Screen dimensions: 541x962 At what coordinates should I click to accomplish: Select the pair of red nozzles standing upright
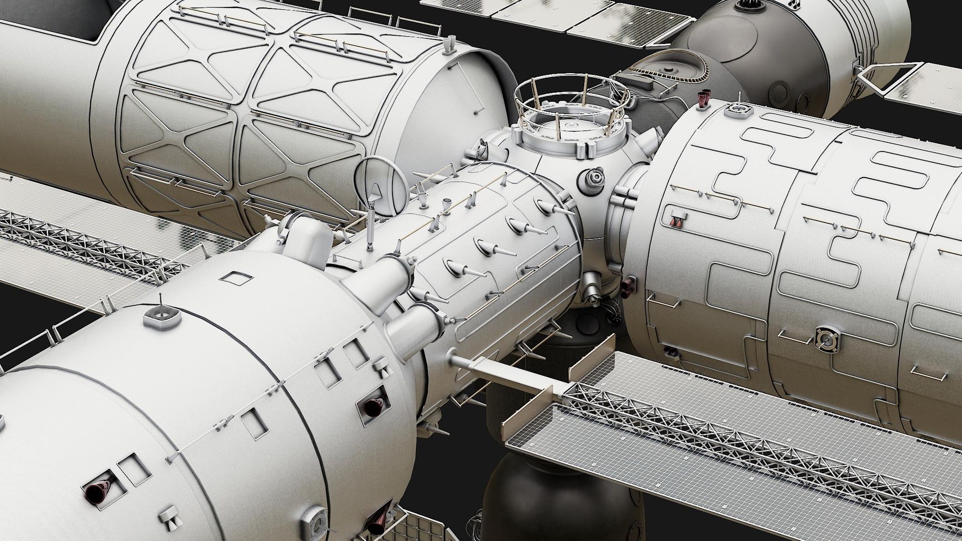tap(704, 99)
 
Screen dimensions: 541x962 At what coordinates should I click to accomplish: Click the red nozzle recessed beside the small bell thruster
tap(373, 406)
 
